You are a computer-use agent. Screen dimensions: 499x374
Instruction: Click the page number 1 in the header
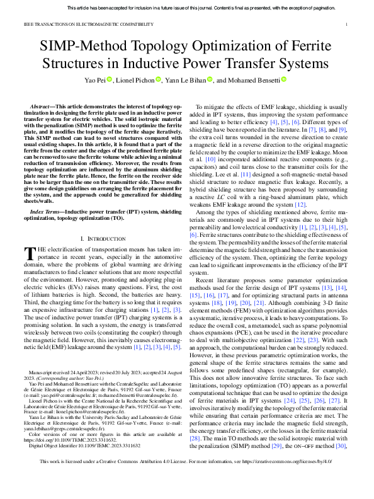point(348,25)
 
